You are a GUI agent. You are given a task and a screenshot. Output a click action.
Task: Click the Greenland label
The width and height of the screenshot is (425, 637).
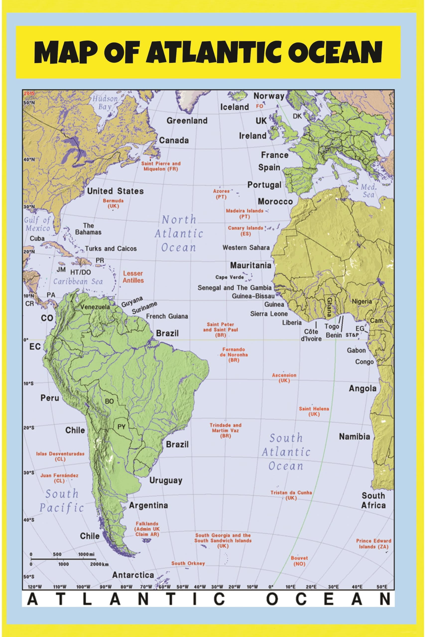pyautogui.click(x=187, y=121)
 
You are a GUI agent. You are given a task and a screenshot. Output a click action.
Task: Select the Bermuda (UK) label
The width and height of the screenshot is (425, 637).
pyautogui.click(x=113, y=203)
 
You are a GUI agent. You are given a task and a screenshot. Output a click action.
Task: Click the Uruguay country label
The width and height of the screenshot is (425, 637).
pyautogui.click(x=166, y=480)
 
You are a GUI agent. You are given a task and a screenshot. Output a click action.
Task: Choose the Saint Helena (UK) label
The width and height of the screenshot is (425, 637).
pyautogui.click(x=314, y=411)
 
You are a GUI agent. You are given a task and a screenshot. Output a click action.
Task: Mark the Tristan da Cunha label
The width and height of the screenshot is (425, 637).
pyautogui.click(x=291, y=495)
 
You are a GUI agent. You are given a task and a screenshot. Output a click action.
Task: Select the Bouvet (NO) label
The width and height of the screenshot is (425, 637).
pyautogui.click(x=299, y=561)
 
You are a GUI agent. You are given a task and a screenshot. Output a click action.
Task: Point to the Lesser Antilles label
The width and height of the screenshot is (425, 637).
pyautogui.click(x=133, y=277)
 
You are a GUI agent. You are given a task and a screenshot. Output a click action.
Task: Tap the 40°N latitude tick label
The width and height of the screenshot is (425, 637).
pyautogui.click(x=29, y=159)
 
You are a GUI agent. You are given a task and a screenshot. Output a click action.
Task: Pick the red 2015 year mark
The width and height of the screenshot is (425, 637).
pyautogui.click(x=29, y=94)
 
